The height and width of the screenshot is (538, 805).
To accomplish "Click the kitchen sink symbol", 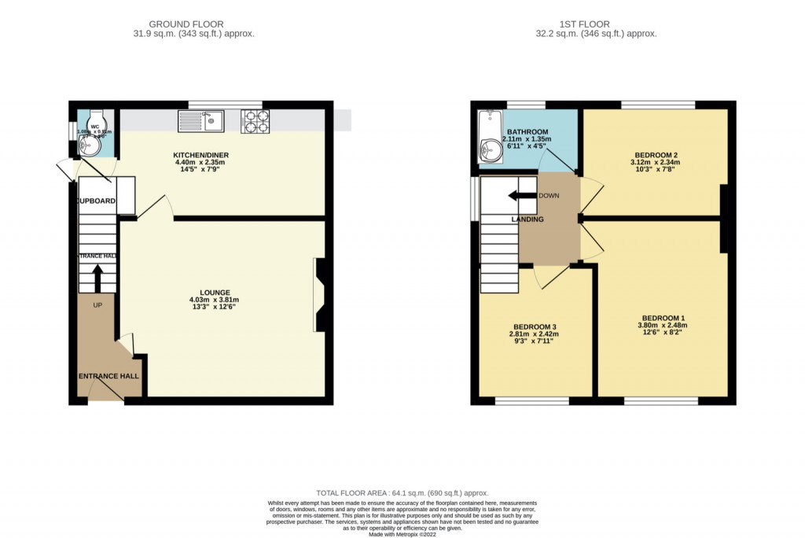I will pos(201,120).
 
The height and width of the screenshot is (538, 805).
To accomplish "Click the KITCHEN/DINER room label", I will pos(201,155).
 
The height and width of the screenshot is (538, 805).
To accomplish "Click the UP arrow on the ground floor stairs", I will pos(97,278).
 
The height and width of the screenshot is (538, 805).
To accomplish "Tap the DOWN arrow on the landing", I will pos(520,196).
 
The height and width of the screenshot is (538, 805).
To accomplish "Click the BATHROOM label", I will pos(527,131).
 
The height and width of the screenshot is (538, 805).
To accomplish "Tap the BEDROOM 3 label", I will pos(535,326).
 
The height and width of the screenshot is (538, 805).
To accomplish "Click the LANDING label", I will pos(527,219).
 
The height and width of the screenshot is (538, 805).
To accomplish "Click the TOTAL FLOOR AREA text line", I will pos(402,492).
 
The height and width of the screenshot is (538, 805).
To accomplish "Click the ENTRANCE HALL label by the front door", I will pos(108,377).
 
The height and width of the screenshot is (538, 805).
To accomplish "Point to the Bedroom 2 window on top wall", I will pos(657,105).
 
